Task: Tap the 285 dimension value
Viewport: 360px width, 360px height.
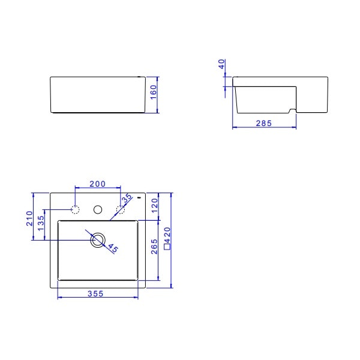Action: tap(264, 123)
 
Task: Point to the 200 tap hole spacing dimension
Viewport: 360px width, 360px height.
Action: tap(97, 184)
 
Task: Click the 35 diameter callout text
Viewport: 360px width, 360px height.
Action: tap(127, 199)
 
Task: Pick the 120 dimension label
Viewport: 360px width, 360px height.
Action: tap(154, 206)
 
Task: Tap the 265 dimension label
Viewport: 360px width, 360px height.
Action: tap(154, 247)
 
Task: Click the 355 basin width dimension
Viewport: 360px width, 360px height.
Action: tap(96, 293)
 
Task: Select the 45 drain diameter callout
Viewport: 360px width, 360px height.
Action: tap(113, 247)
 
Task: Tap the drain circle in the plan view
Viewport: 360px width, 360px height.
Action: tap(97, 240)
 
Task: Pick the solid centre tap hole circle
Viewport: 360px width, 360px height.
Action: tap(97, 209)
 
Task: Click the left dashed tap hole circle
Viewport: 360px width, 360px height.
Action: tap(76, 209)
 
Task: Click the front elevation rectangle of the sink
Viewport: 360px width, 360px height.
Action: tap(98, 95)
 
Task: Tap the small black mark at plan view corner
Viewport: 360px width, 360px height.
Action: tap(140, 196)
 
